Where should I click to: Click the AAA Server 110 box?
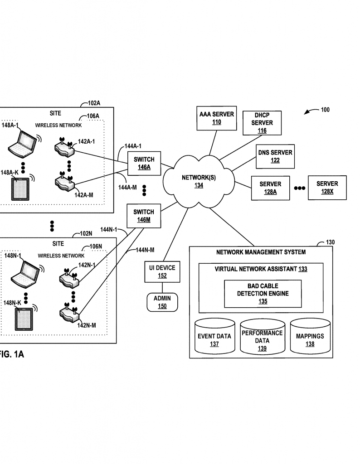[217, 118]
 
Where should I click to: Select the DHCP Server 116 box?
[262, 123]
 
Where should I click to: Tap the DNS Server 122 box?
[275, 156]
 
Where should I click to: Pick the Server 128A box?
[270, 188]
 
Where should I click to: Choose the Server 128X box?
[327, 188]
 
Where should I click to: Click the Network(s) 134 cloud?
[199, 181]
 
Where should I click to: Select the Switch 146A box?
[144, 163]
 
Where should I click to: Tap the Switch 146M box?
[144, 216]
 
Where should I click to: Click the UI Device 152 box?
[162, 272]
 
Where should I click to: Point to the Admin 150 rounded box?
[162, 302]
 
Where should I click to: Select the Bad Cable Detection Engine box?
[263, 294]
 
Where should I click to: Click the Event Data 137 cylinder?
[214, 336]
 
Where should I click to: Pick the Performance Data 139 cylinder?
[263, 337]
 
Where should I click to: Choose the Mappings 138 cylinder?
[310, 336]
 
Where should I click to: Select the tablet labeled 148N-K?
[24, 319]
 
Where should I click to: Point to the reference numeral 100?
[325, 110]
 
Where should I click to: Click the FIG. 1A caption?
[11, 354]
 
